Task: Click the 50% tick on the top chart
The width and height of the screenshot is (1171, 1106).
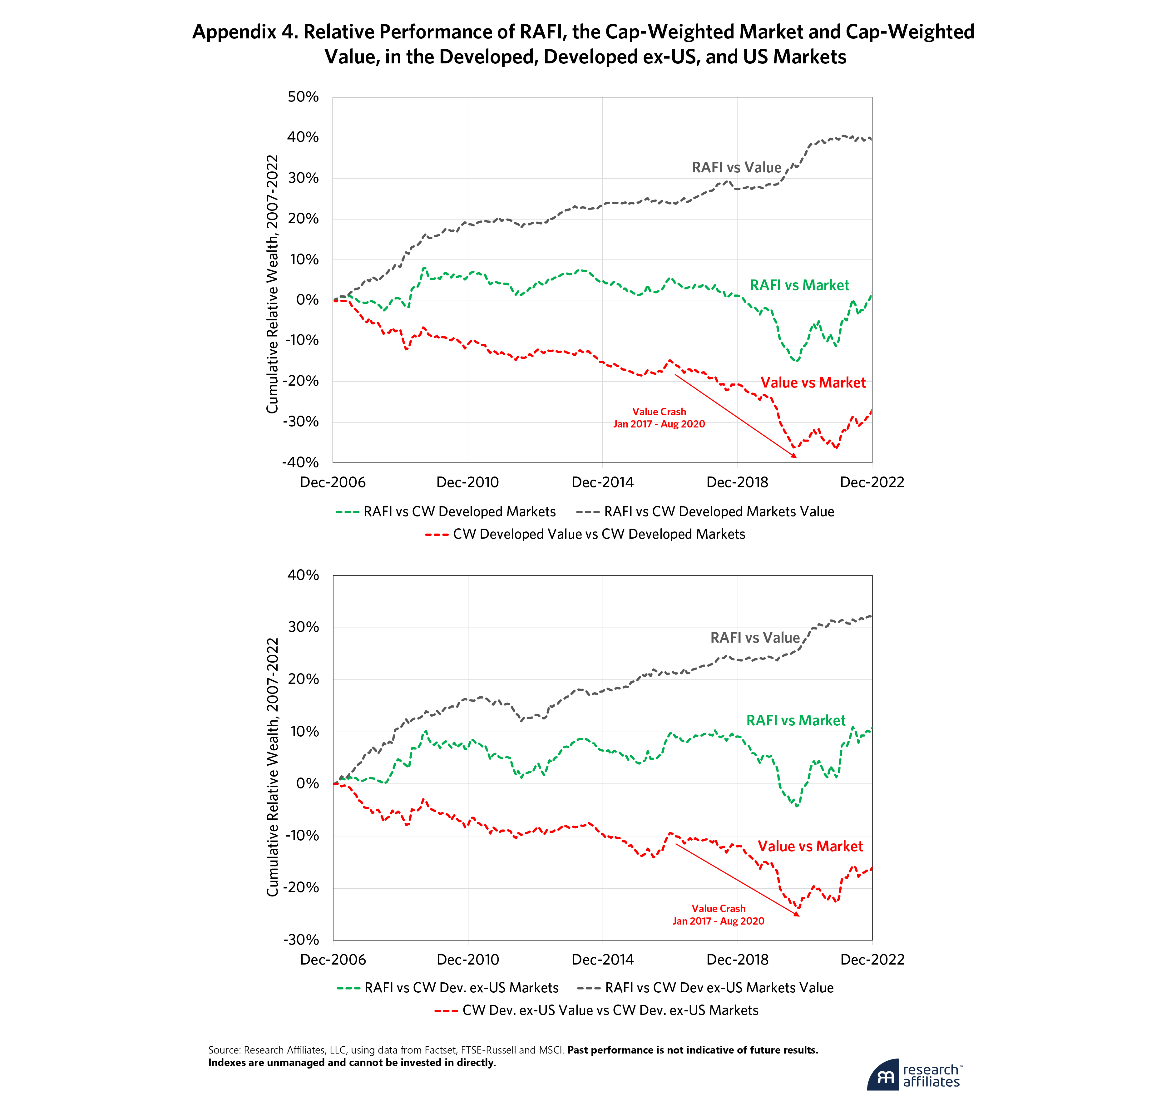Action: pyautogui.click(x=303, y=97)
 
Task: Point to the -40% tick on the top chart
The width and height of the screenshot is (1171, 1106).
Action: pyautogui.click(x=301, y=462)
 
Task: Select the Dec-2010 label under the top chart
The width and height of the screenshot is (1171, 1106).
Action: pyautogui.click(x=467, y=482)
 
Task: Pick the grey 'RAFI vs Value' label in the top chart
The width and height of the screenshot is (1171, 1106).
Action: pyautogui.click(x=736, y=167)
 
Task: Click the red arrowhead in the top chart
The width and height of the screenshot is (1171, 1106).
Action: pyautogui.click(x=794, y=455)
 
